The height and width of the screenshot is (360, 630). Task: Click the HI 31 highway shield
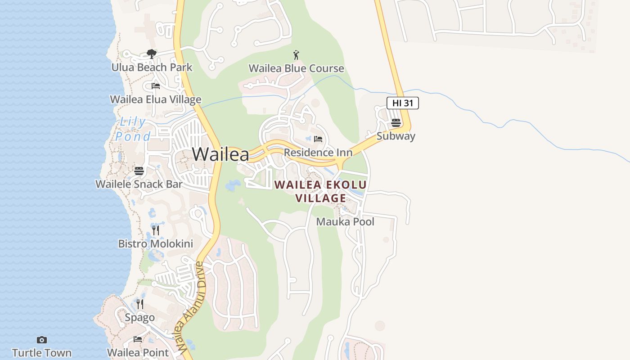pos(402,103)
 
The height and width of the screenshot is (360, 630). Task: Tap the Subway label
pos(396,136)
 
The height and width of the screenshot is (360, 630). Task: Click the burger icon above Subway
pos(396,122)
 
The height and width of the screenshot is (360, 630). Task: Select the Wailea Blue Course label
pos(296,68)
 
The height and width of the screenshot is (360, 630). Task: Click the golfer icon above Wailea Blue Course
pos(296,55)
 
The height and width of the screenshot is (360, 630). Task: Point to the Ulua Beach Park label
pos(152,67)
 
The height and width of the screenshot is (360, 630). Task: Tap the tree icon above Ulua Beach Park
pos(152,54)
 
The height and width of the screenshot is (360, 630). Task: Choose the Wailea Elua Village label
pos(156,99)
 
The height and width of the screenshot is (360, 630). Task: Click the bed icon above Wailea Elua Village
pos(156,85)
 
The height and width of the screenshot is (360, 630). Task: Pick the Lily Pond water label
pos(132,129)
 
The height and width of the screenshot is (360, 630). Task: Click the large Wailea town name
pos(220,154)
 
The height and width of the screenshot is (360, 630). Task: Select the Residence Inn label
pos(318,153)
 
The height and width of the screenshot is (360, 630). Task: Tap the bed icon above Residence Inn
pos(318,139)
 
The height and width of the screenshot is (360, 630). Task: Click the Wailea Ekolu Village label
pos(320,191)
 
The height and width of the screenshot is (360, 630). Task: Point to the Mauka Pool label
pos(345,222)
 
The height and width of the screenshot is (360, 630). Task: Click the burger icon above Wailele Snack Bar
pos(139,171)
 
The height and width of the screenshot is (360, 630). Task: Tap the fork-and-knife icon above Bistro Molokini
pos(156,231)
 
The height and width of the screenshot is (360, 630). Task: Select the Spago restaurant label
pos(139,318)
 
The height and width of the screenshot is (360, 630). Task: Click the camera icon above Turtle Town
pos(42,340)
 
